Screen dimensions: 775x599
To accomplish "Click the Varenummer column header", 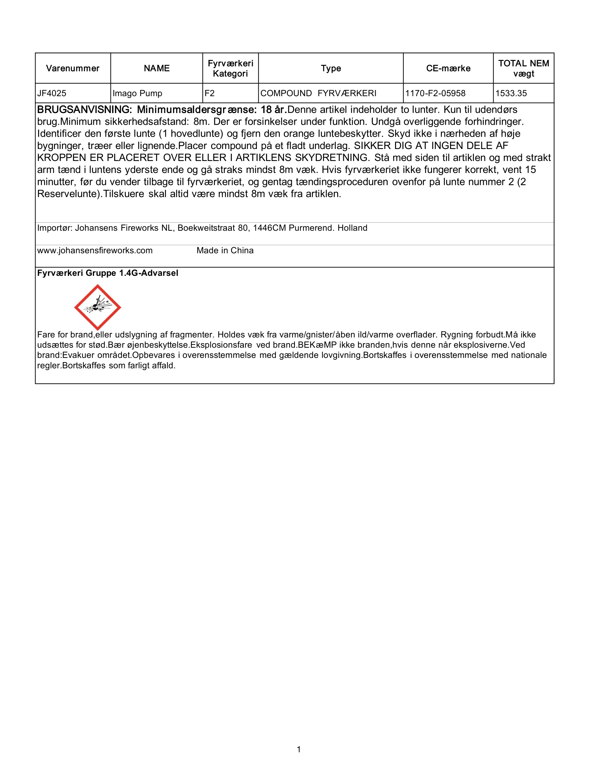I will (73, 68).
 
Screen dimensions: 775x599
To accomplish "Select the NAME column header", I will (156, 68).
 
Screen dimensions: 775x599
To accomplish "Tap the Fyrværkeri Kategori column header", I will (230, 68).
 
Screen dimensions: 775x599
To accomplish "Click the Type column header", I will (331, 68).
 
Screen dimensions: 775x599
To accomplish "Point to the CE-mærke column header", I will (448, 68).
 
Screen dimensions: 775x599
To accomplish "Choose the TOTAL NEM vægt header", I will (523, 68).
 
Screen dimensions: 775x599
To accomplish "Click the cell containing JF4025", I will (52, 93).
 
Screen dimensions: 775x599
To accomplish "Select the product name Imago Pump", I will (137, 93).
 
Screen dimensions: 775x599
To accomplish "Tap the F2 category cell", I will (210, 93).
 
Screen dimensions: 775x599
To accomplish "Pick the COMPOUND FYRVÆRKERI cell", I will (318, 93).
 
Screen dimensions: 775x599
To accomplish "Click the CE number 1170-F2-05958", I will (436, 93).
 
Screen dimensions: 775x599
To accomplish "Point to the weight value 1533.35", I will (511, 93).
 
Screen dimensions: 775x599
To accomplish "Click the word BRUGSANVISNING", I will (85, 110).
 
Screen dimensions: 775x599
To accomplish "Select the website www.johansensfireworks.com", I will (95, 250).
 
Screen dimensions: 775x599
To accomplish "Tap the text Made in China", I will (225, 250).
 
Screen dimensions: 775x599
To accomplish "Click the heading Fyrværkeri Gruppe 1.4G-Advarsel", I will (107, 273).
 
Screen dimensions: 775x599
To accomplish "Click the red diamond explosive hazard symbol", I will (98, 307).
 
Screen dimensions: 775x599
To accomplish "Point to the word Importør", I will (55, 228).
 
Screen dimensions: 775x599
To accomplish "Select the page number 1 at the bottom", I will (299, 749).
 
